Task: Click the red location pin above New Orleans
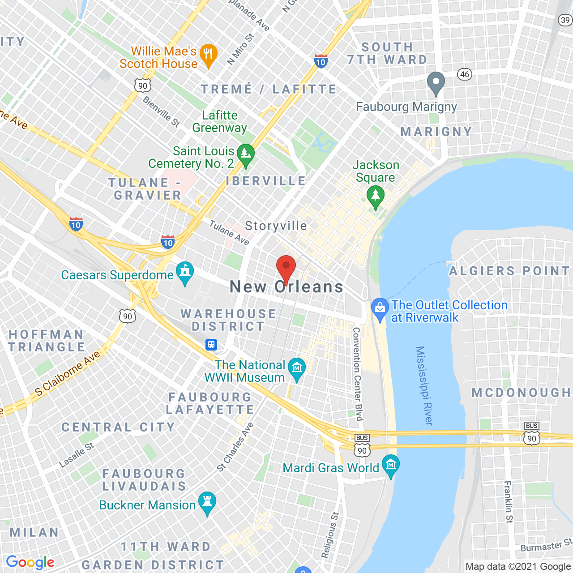[286, 268]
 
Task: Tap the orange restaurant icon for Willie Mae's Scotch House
[208, 55]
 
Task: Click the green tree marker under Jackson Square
[376, 197]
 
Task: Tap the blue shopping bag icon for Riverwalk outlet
[380, 309]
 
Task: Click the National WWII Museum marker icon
[297, 369]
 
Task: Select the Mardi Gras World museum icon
[391, 466]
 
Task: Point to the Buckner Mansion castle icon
[207, 502]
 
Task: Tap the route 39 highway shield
[565, 20]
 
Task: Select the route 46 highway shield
[465, 74]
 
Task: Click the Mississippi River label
[424, 385]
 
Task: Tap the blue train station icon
[211, 345]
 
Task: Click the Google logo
[30, 562]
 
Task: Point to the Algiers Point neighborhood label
[509, 271]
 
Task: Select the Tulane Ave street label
[229, 233]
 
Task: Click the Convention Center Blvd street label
[357, 374]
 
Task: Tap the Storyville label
[276, 226]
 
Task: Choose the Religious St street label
[330, 535]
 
